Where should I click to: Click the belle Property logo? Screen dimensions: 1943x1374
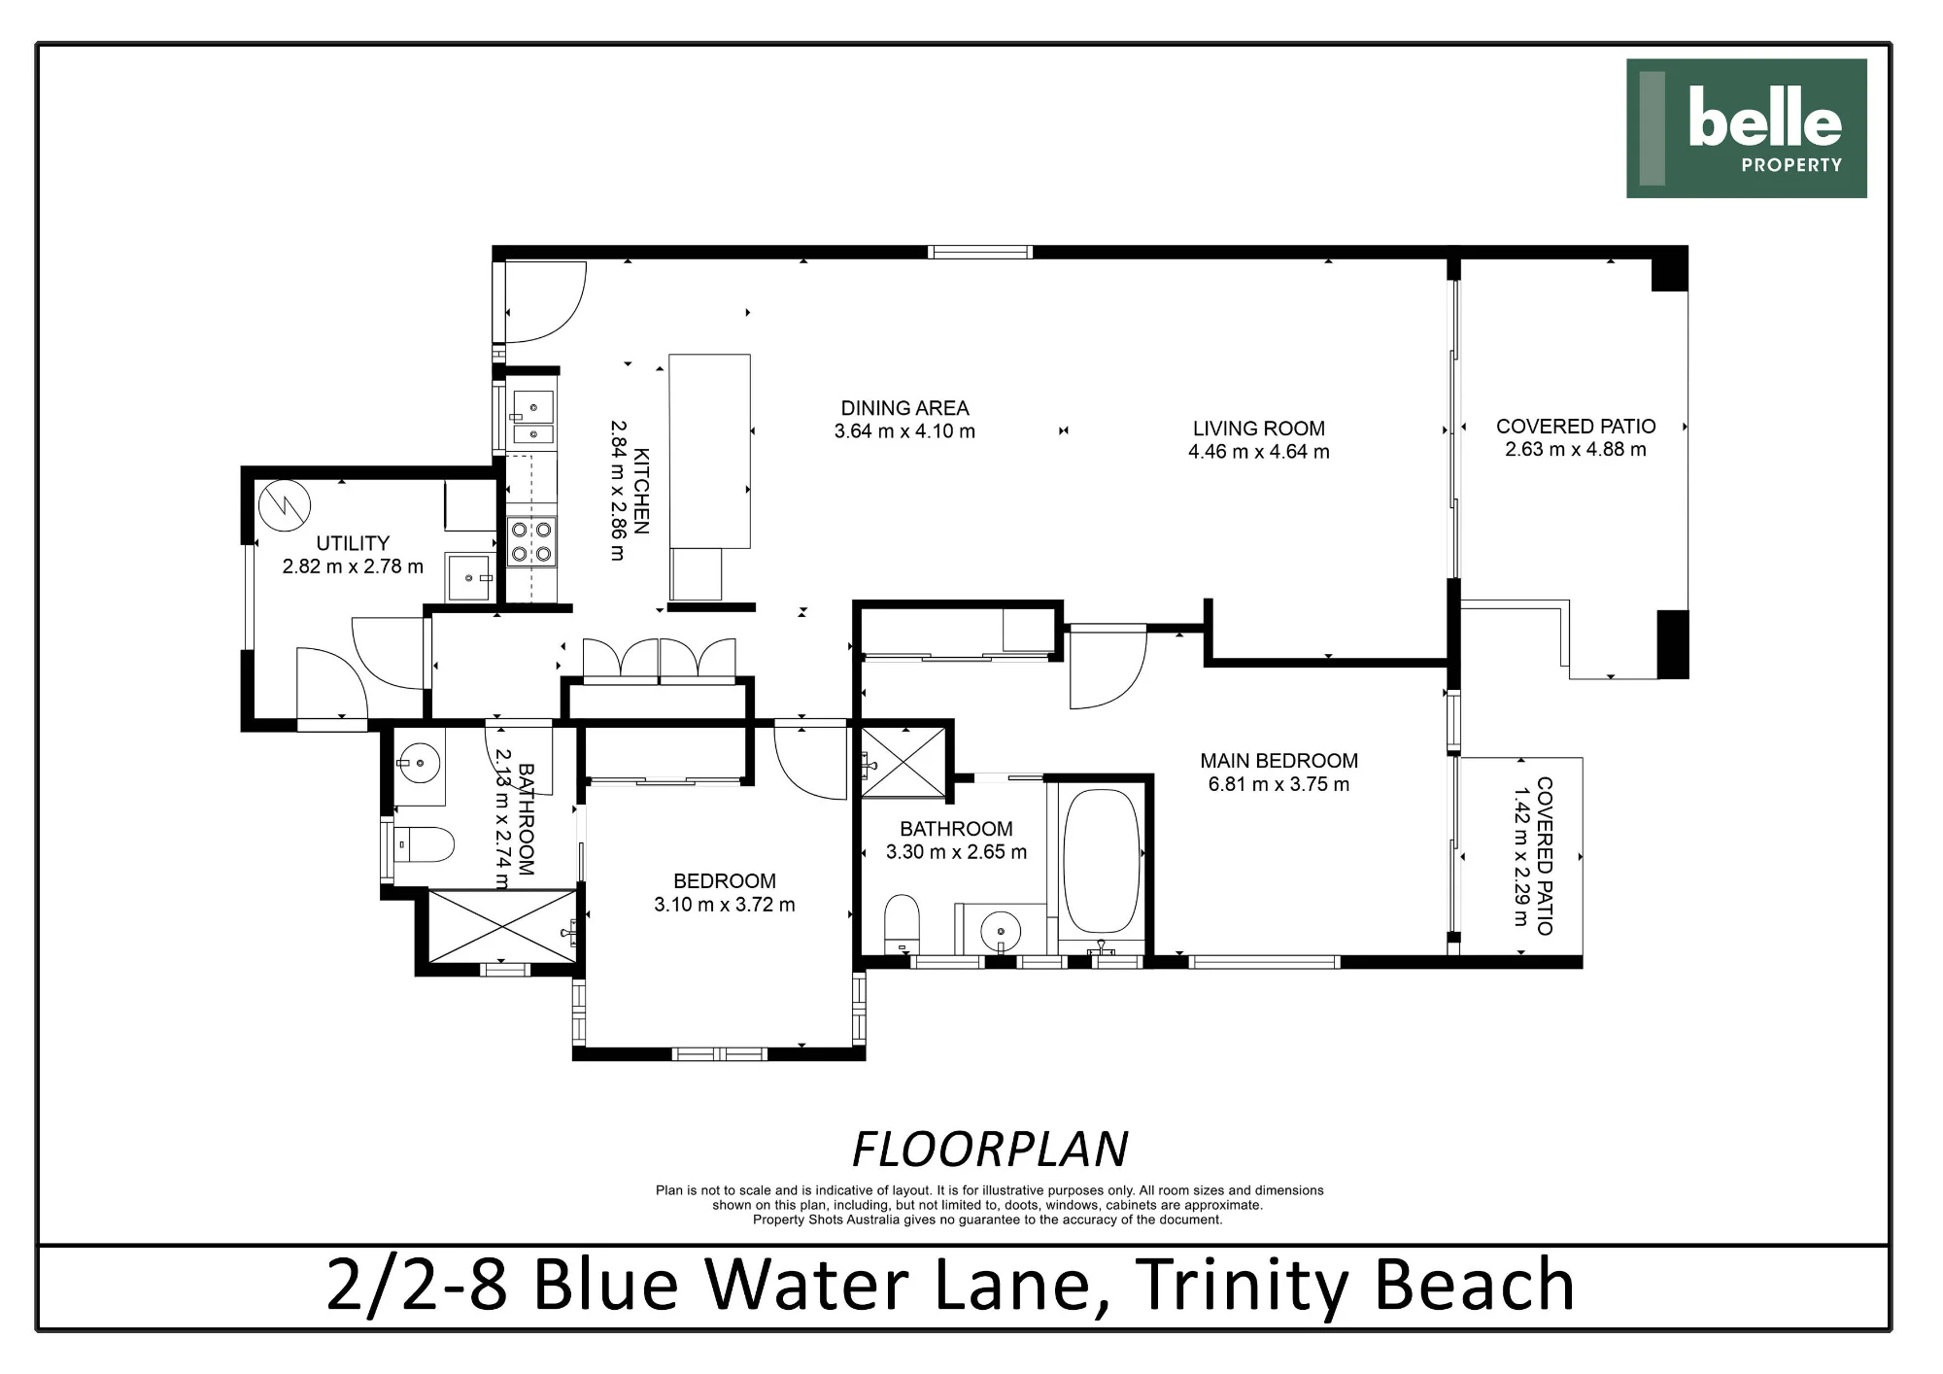pos(1746,128)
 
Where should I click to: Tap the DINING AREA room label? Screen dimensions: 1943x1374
pos(904,409)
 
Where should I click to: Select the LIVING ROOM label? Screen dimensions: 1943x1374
pos(1258,429)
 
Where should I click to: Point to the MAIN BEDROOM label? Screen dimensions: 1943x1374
pos(1278,761)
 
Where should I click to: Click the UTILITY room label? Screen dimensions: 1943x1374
pos(353,543)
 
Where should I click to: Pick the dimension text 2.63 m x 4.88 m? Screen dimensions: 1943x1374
pos(1575,449)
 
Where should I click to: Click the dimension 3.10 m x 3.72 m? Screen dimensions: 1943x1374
pos(725,905)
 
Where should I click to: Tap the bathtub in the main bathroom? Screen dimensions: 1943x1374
pos(1102,862)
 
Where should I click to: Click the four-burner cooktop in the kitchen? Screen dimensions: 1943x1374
pos(531,542)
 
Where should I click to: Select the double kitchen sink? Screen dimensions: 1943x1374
pos(532,418)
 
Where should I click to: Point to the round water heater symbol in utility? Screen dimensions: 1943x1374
pos(285,504)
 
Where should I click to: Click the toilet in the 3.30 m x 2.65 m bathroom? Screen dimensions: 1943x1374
pos(902,923)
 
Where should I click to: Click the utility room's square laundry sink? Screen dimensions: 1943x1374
pos(470,577)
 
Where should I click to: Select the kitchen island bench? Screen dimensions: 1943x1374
pos(710,452)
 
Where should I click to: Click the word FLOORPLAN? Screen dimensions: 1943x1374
pos(990,1150)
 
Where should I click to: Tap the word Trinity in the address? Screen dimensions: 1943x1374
pos(1242,1285)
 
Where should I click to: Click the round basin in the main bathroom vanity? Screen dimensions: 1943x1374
pos(1001,933)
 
